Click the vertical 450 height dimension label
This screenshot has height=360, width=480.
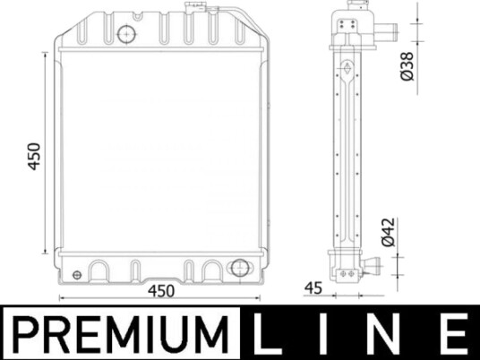(34, 156)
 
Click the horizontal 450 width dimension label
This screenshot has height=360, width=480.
(161, 291)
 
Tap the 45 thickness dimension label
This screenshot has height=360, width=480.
(313, 288)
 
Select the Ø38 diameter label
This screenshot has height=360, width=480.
(407, 66)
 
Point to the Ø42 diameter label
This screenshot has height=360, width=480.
(388, 232)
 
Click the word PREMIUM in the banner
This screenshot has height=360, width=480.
(121, 335)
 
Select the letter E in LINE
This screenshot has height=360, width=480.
(455, 334)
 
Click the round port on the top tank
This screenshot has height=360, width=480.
(126, 34)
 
